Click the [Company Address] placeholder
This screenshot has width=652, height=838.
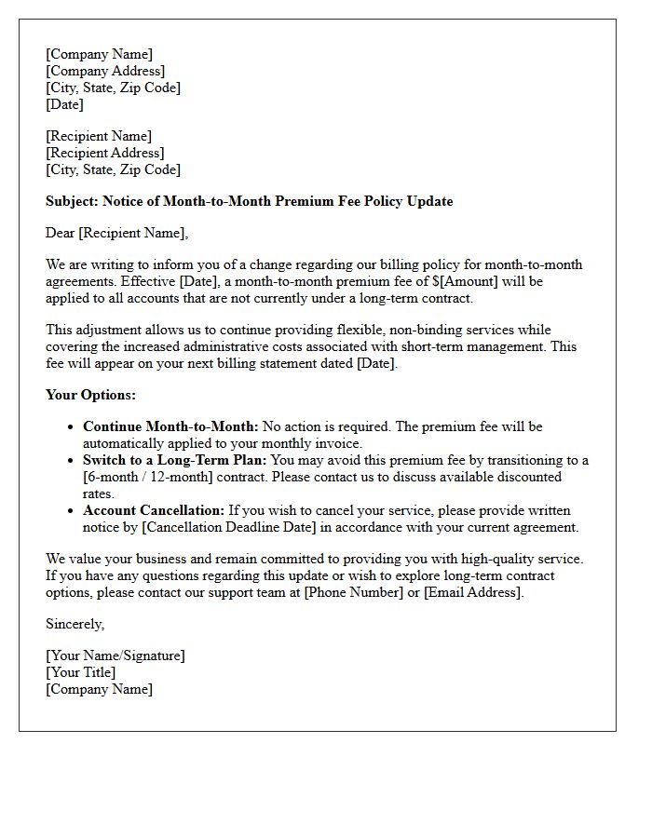coord(105,72)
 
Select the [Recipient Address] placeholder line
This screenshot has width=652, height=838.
coord(105,154)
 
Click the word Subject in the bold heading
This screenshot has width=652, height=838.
coord(71,202)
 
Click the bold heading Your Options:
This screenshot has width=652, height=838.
coord(90,396)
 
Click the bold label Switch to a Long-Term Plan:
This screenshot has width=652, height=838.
coord(174,461)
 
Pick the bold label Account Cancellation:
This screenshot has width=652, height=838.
coord(154,511)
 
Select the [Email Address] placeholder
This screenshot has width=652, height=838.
coord(472,593)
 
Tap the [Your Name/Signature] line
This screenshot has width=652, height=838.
coord(115,656)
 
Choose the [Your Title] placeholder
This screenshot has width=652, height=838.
coord(81,673)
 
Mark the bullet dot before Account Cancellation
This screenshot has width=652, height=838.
coord(71,511)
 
